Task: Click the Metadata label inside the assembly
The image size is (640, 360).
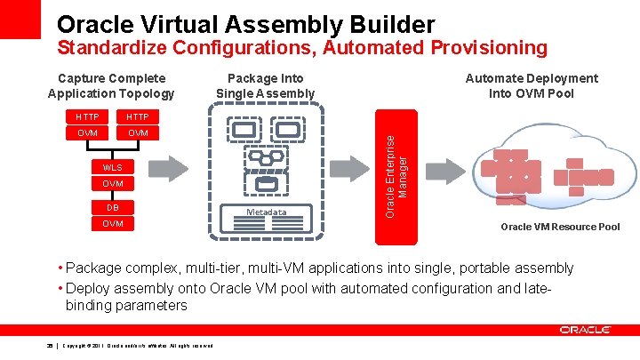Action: [x=267, y=212]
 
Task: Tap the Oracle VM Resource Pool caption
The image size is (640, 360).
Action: [x=560, y=227]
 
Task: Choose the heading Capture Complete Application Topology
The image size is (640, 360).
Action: [x=111, y=85]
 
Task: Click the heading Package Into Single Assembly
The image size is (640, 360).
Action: [x=265, y=85]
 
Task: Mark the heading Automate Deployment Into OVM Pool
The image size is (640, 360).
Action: [x=532, y=85]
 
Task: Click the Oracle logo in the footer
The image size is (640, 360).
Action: [x=585, y=330]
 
